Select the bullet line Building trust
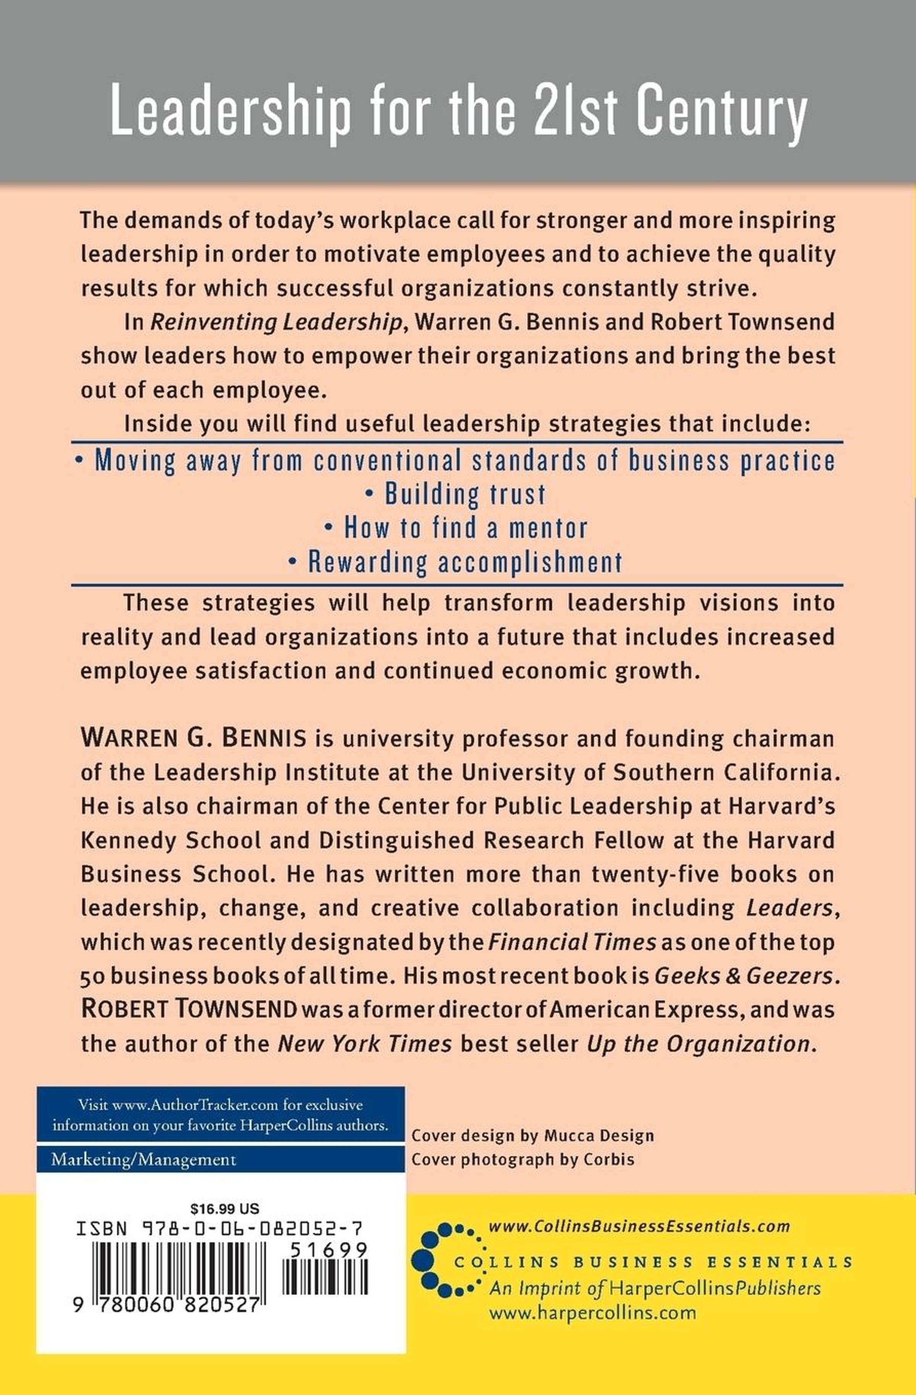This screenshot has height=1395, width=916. (x=456, y=494)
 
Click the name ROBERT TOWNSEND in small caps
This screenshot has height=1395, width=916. (x=189, y=1009)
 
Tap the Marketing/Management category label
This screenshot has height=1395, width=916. (x=144, y=1160)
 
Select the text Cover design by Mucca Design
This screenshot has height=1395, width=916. (x=532, y=1135)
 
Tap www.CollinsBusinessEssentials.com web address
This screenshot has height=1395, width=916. (x=639, y=1226)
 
